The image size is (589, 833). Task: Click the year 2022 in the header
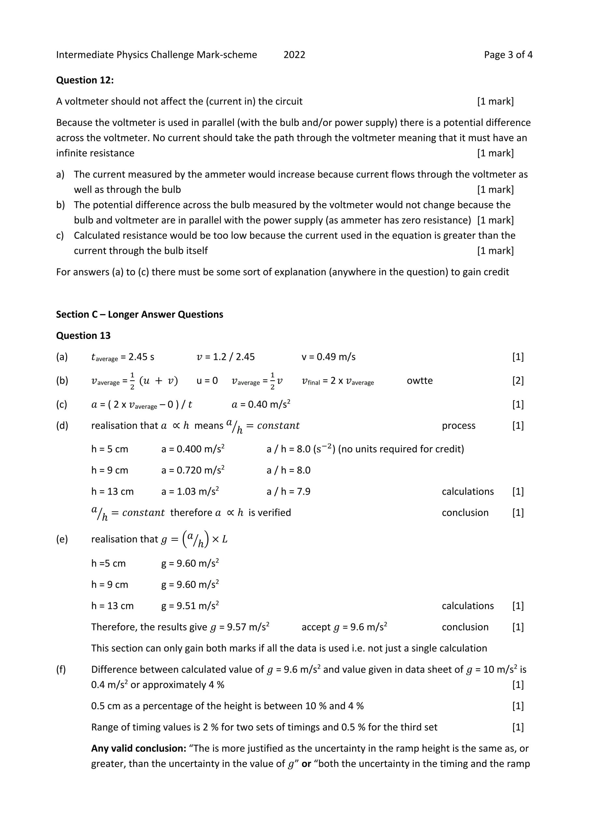pos(294,55)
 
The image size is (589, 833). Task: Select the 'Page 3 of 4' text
pos(508,55)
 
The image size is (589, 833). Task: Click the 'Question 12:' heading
pos(85,80)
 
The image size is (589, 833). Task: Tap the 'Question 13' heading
pos(83,335)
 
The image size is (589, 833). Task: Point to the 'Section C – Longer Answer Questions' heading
pos(139,314)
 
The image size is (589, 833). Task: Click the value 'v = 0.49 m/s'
pos(328,357)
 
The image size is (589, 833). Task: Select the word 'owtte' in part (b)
pos(419,381)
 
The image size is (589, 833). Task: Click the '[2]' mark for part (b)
pos(518,381)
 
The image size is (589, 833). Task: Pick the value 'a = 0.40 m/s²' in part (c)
pos(261,404)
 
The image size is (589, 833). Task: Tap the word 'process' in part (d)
pos(459,426)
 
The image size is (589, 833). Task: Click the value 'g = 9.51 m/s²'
pos(190,606)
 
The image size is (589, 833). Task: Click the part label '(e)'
pos(62,539)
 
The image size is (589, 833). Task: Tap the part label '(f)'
pos(61,669)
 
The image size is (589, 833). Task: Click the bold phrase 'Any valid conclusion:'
pos(139,748)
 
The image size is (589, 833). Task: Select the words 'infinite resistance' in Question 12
pos(95,153)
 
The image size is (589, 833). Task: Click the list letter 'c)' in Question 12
pos(60,236)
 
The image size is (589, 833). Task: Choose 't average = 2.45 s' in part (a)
pos(123,357)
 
